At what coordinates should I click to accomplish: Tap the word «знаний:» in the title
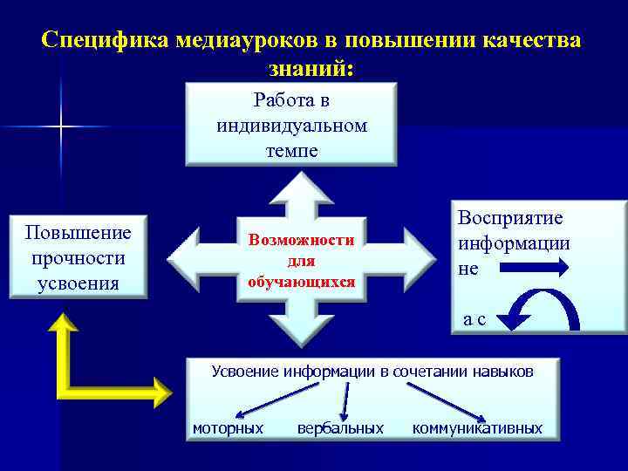313,67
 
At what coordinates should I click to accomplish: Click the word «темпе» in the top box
291,151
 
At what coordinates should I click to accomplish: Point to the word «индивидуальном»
291,126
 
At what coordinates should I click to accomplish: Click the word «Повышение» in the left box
78,233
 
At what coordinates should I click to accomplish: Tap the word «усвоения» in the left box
78,283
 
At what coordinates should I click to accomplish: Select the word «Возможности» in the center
301,240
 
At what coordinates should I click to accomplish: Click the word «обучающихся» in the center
301,282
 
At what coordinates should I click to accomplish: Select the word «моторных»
228,428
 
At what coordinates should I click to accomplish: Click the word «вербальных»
340,428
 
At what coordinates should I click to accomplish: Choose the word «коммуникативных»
477,428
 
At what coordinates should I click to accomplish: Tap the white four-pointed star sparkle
62,127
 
